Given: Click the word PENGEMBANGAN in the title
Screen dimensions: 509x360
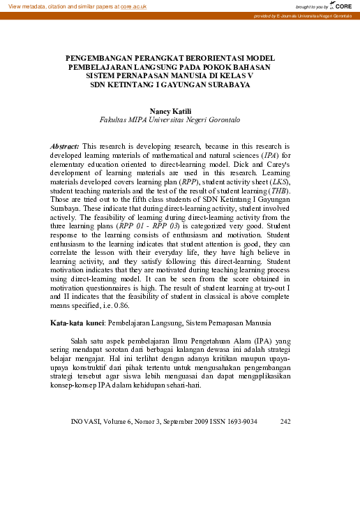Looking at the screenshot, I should [103, 58].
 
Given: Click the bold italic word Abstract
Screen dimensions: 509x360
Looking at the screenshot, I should [66, 146].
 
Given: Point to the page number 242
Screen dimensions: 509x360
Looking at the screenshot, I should [285, 421].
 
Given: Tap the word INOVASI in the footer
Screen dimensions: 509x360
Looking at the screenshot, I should [88, 421].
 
